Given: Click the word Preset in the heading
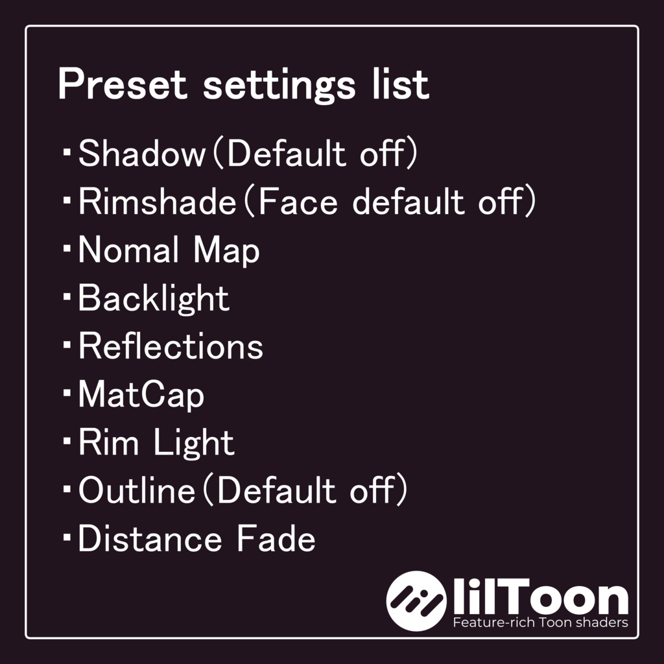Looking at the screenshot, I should tap(122, 85).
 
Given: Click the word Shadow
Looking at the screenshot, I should tap(141, 154).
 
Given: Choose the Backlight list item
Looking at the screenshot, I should tap(154, 299).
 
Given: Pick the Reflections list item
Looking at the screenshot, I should tap(171, 347).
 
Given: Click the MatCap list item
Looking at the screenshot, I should tap(141, 395).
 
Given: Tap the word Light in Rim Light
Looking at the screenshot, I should tap(194, 444).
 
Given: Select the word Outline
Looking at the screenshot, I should tap(136, 492).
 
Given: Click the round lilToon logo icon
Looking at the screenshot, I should tap(416, 601).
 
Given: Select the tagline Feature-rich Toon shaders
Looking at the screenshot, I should tap(540, 623).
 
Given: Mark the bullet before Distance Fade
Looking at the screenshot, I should tap(67, 538).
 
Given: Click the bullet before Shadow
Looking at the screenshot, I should tap(67, 152).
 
